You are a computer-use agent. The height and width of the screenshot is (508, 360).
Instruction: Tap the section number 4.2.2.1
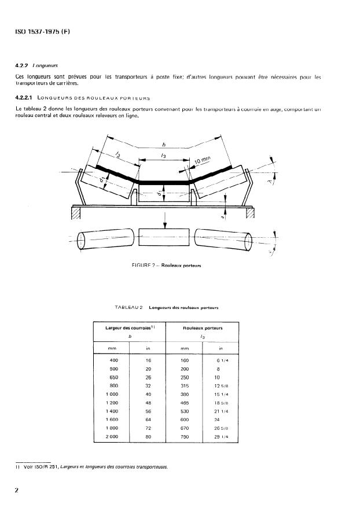click(26, 98)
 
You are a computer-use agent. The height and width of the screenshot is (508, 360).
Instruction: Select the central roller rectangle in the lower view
click(166, 238)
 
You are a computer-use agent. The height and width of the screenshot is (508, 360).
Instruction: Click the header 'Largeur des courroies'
click(127, 328)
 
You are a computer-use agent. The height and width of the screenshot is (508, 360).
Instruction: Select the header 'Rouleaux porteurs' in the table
click(203, 328)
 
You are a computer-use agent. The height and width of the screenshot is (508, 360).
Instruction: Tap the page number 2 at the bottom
click(17, 490)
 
